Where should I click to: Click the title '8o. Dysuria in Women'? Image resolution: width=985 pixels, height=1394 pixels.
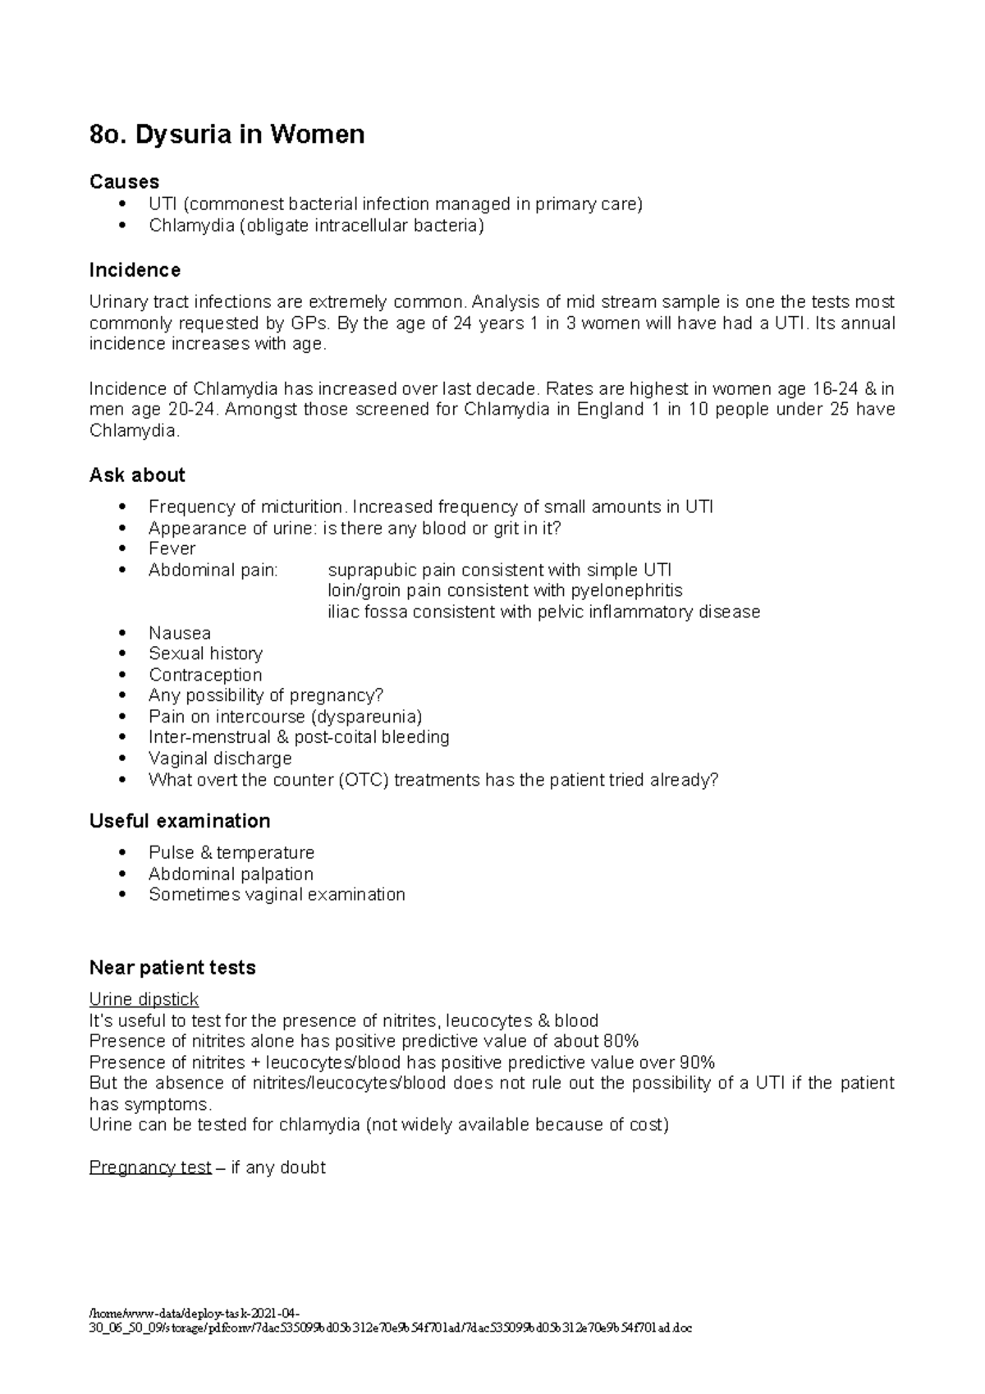[227, 134]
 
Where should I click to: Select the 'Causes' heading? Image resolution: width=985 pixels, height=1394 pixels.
[124, 181]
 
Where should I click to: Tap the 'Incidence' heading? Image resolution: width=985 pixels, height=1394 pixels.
[135, 270]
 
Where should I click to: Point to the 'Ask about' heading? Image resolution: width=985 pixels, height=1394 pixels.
[137, 475]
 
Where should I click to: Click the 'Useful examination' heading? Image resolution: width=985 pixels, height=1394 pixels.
[180, 821]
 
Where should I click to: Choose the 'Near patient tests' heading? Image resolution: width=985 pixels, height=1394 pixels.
[172, 968]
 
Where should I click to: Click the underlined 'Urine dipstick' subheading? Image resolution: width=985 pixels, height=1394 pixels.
[144, 999]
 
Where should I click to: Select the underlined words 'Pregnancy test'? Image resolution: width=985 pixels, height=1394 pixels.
[150, 1167]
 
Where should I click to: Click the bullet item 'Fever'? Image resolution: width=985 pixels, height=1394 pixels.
[172, 548]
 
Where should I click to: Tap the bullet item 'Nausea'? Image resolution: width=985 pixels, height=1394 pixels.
[179, 633]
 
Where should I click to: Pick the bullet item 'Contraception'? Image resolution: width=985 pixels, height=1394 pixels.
[205, 675]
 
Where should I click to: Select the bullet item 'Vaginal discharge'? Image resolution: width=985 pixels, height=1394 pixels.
[220, 759]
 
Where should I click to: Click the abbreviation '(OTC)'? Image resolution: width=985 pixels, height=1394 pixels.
[363, 780]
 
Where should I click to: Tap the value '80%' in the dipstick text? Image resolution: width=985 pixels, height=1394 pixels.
[620, 1041]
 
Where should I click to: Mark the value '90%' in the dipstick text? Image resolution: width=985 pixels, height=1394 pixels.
[697, 1062]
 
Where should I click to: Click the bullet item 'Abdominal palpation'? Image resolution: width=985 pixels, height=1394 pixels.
[231, 874]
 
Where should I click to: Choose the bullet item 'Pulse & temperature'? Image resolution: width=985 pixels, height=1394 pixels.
[231, 852]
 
